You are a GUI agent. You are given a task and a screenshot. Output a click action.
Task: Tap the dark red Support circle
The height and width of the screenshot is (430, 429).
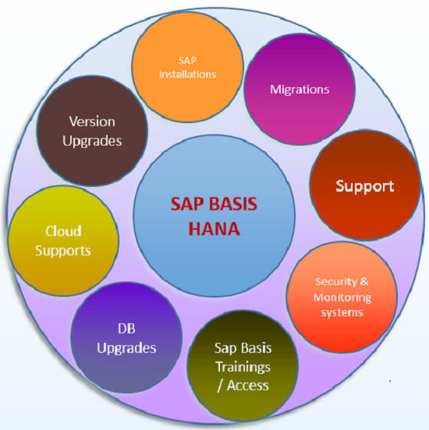(x=364, y=185)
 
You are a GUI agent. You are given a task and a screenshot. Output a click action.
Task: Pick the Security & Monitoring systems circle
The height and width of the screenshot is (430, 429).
(x=342, y=297)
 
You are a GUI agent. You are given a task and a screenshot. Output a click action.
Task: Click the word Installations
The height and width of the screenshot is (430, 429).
(x=187, y=75)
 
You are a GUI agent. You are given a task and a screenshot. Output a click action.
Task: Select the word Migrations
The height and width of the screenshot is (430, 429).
(x=300, y=90)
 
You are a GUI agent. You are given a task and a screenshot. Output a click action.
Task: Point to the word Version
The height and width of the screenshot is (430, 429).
(x=93, y=122)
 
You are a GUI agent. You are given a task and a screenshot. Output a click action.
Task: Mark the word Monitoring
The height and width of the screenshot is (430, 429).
(x=342, y=298)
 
